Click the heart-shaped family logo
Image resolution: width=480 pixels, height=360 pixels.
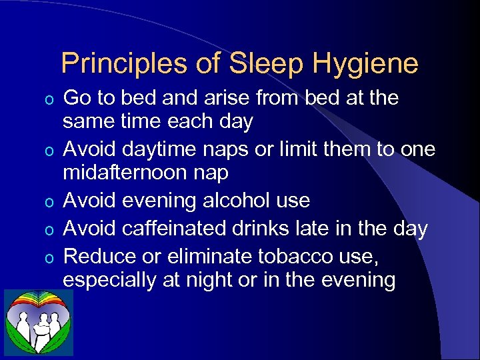click(x=39, y=323)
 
